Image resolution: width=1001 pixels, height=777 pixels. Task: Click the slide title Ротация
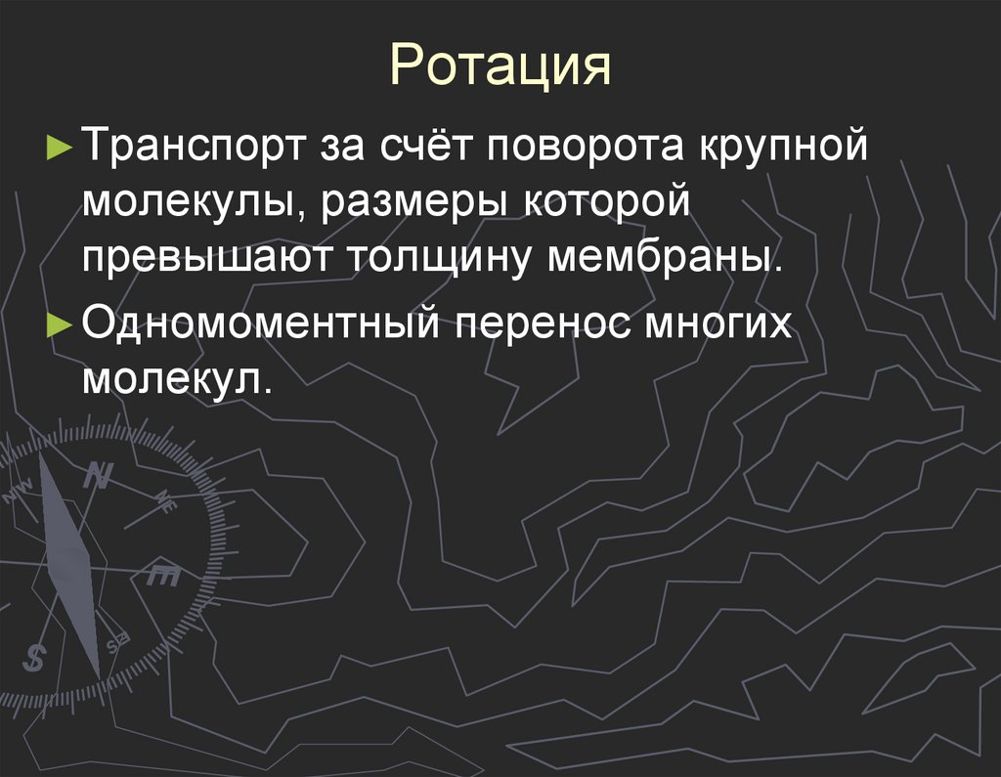[x=500, y=67]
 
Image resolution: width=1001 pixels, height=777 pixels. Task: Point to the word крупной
[x=782, y=149]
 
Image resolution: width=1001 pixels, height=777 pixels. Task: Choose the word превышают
[x=208, y=259]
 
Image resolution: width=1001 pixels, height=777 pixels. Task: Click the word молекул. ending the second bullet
[x=176, y=377]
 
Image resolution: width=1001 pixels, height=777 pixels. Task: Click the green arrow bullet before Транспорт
[x=59, y=149]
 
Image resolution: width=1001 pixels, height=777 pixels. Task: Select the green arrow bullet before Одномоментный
[x=59, y=323]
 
